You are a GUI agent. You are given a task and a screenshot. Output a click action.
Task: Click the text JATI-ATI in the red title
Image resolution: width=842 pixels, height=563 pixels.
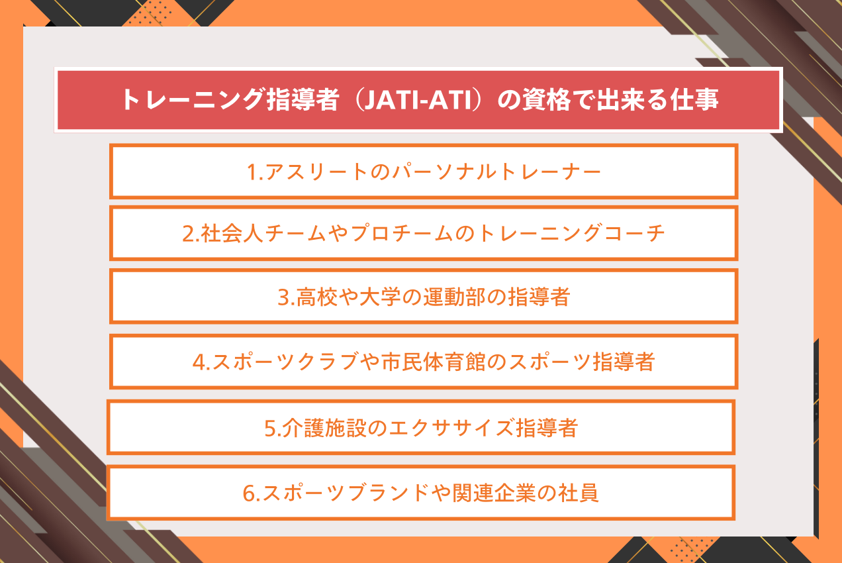tap(417, 100)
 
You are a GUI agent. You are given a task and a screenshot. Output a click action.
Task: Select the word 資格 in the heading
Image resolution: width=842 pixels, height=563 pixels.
tap(547, 99)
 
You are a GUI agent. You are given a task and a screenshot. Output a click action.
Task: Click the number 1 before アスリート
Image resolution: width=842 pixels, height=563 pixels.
tap(252, 172)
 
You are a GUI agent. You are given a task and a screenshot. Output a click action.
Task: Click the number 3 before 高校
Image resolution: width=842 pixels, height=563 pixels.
tap(283, 297)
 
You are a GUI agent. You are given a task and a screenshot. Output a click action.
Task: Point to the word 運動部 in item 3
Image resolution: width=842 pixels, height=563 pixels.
tap(454, 297)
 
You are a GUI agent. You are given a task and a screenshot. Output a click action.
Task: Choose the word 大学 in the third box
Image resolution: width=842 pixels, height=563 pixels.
tap(381, 297)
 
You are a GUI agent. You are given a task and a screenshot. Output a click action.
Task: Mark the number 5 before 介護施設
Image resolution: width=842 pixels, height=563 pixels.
tap(270, 429)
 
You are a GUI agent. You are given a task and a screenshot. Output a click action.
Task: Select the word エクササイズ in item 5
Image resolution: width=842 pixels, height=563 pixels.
tap(451, 428)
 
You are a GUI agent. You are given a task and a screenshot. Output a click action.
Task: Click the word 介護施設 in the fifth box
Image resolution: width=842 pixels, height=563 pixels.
tap(324, 428)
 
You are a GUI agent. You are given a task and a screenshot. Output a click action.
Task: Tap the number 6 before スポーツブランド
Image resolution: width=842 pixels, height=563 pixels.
tap(248, 493)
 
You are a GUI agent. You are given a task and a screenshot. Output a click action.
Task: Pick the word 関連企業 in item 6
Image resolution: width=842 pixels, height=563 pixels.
tap(494, 493)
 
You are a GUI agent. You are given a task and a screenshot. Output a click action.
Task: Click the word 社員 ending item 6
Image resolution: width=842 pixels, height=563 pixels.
tap(578, 493)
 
